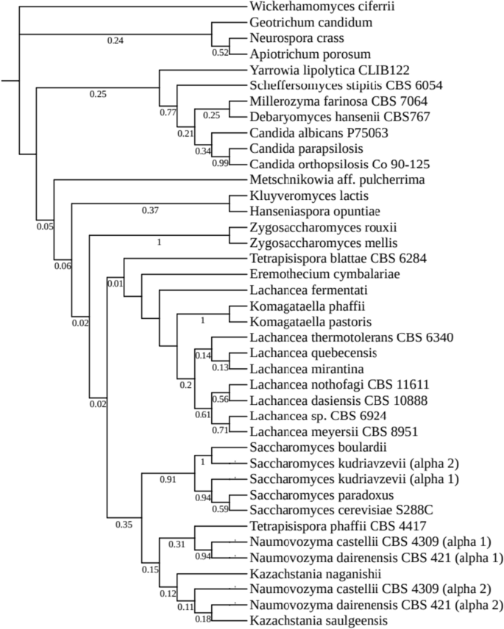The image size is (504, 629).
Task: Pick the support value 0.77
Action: (x=168, y=114)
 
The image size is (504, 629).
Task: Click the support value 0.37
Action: (x=150, y=210)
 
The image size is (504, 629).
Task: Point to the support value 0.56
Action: (x=220, y=400)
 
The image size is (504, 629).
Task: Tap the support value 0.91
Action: (x=168, y=478)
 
